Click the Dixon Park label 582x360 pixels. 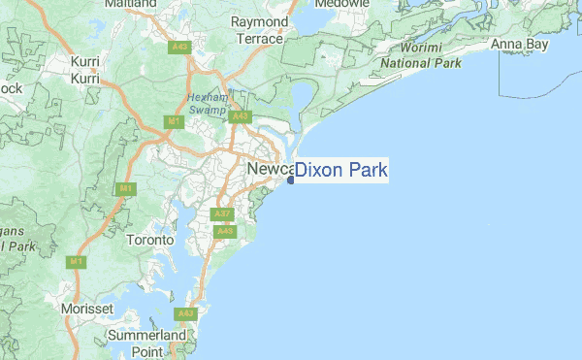point(341,172)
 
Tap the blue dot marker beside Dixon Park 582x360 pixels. point(291,180)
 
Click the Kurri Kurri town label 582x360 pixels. point(85,69)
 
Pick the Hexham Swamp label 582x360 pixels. point(208,104)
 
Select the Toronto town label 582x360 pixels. point(150,239)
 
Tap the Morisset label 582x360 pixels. point(88,308)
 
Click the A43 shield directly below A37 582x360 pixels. point(225,232)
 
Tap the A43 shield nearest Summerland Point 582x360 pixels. point(184,314)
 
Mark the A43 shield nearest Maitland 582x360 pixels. point(178,48)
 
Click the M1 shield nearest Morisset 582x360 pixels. point(75,262)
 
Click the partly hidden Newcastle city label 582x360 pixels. point(268,170)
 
